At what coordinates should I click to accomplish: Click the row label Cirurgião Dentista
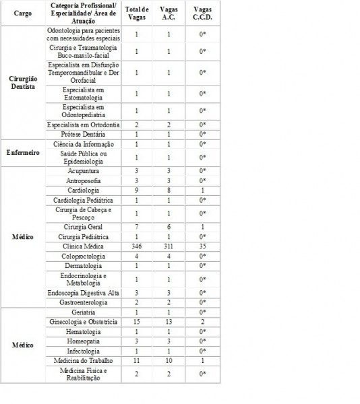point(22,82)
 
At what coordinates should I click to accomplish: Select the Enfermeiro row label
point(22,153)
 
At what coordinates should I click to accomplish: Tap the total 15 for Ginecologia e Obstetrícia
point(137,323)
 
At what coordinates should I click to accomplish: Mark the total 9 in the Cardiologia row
point(137,191)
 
